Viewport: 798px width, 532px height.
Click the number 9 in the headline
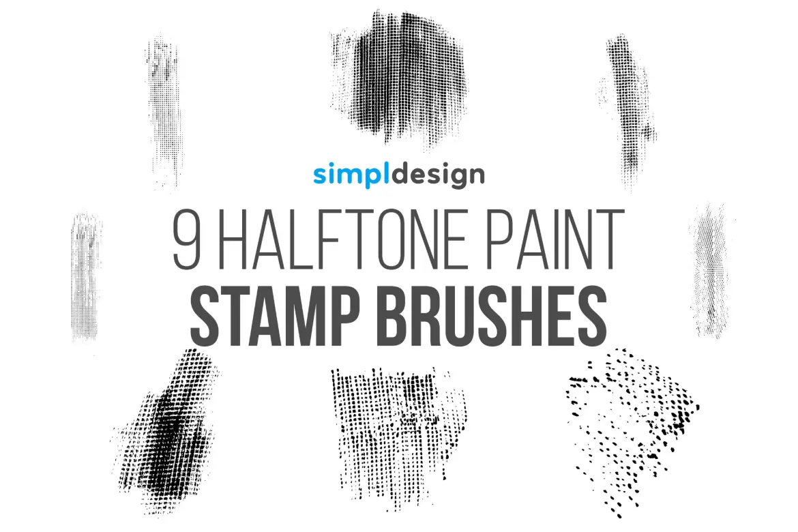[188, 240]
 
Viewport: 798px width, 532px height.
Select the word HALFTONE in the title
[344, 240]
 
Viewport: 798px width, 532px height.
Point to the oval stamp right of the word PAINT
[711, 270]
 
